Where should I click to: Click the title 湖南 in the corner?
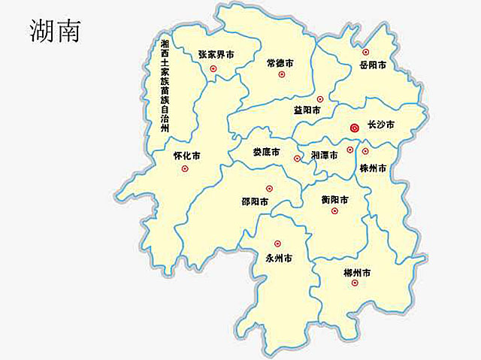(x=55, y=29)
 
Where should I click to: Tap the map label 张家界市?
(x=216, y=54)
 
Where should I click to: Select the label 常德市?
(x=281, y=62)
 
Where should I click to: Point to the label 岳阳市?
(x=372, y=65)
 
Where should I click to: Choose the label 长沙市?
(x=380, y=125)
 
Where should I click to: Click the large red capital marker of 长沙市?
(x=356, y=129)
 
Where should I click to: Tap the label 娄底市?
(x=265, y=152)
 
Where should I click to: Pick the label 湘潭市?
(x=324, y=154)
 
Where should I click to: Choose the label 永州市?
(x=279, y=258)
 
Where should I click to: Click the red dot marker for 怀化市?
(x=185, y=169)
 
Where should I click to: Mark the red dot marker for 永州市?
(x=277, y=243)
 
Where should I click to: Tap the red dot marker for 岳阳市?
(x=366, y=53)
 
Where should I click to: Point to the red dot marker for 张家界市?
(x=213, y=69)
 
